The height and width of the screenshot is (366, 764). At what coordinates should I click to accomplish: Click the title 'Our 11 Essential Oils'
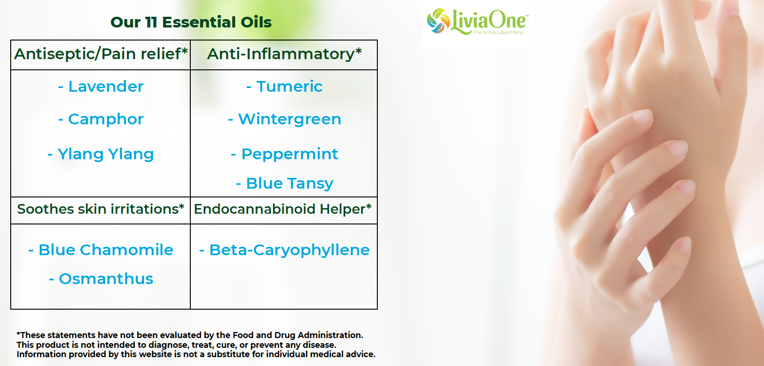tap(191, 22)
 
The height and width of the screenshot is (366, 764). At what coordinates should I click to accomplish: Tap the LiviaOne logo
tap(477, 21)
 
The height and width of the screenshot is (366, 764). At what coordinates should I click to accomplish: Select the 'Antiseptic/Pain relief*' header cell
tap(101, 54)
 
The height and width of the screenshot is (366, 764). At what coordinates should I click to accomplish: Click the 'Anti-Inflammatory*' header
tap(284, 54)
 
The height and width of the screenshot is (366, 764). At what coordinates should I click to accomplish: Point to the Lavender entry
tap(101, 87)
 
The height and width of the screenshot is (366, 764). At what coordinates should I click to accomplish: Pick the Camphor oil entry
tap(101, 120)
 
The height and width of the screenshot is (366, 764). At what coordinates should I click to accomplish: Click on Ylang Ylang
tap(101, 154)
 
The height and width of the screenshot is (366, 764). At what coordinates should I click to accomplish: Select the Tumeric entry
tap(284, 87)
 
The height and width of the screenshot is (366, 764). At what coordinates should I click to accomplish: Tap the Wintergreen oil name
tap(284, 120)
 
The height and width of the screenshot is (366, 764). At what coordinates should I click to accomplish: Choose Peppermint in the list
tap(284, 154)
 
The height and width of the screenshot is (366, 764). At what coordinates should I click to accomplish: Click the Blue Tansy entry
tap(284, 183)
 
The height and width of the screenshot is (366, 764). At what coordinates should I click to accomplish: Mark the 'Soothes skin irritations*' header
tap(101, 209)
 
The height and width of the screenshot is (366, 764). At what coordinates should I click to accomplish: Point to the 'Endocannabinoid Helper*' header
tap(282, 209)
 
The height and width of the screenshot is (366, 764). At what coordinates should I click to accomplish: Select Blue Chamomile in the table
tap(101, 250)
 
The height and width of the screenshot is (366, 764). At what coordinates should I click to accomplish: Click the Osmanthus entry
tap(101, 278)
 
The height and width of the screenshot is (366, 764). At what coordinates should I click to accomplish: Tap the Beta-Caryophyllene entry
tap(284, 251)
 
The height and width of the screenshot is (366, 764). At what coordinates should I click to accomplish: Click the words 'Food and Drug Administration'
tap(298, 335)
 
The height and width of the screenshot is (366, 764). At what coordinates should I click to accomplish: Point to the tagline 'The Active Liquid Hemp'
tap(498, 32)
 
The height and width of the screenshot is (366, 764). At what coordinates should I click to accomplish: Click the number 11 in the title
tap(151, 22)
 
